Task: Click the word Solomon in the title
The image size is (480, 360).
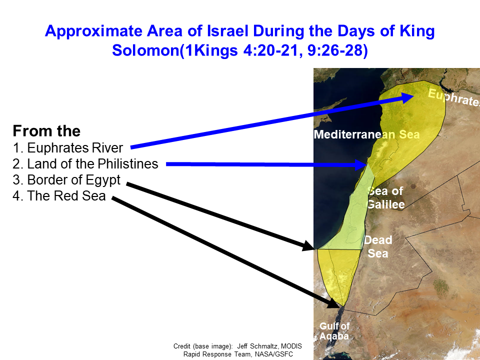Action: pos(145,50)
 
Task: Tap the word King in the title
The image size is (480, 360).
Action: pos(417,31)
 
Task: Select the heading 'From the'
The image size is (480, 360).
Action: pos(46,131)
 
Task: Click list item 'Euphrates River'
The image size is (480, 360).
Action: pos(67,148)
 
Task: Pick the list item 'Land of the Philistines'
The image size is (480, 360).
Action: pos(85,164)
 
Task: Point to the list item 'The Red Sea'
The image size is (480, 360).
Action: pos(59,196)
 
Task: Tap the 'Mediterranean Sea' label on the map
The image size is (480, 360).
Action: pos(366,134)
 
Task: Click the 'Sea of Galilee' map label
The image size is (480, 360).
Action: pos(385,198)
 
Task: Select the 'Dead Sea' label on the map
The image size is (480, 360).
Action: pos(378,246)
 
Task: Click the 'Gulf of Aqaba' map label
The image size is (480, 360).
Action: pos(334,331)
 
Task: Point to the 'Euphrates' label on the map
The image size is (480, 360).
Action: pos(453,97)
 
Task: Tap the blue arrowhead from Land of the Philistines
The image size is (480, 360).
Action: pos(361,164)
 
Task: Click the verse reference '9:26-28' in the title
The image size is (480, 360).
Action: pos(337,50)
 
